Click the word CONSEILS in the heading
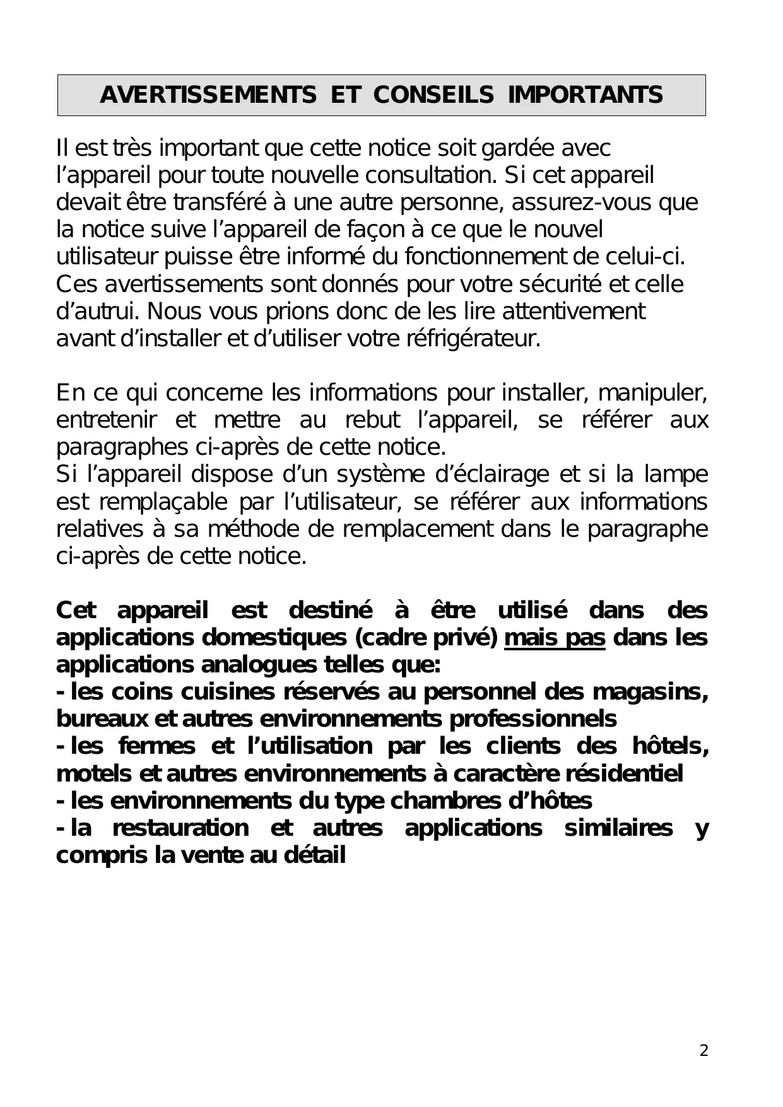433,95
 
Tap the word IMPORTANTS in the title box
586,95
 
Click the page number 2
704,1051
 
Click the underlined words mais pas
555,638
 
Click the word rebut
372,420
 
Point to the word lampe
676,474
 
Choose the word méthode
254,529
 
